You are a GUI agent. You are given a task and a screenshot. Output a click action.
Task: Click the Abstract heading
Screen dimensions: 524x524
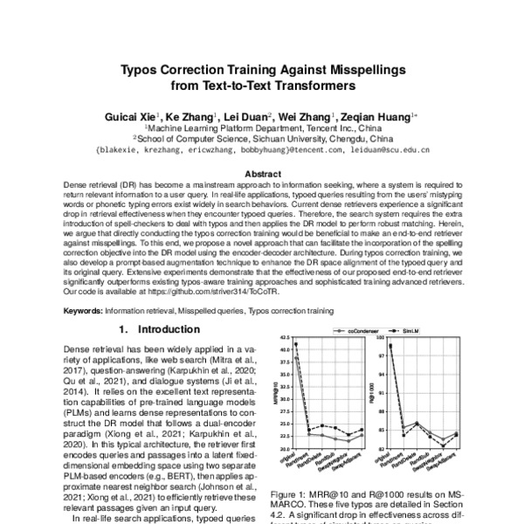click(262, 174)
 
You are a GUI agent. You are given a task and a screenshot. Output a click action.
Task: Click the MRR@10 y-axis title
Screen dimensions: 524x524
click(279, 393)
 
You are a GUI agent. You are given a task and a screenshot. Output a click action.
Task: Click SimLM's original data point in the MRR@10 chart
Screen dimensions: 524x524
click(297, 344)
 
